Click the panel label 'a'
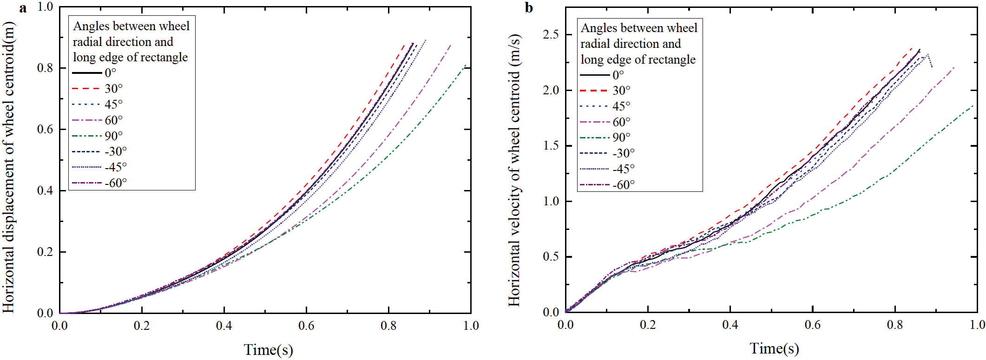23,8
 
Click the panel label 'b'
529,8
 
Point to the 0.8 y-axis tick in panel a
45,68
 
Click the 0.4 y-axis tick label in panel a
45,190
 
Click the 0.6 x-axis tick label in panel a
306,326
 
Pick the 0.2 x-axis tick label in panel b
648,324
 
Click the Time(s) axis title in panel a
268,349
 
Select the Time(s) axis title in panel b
774,348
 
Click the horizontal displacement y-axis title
9,167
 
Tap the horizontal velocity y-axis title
514,170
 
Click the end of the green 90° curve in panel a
465,65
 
